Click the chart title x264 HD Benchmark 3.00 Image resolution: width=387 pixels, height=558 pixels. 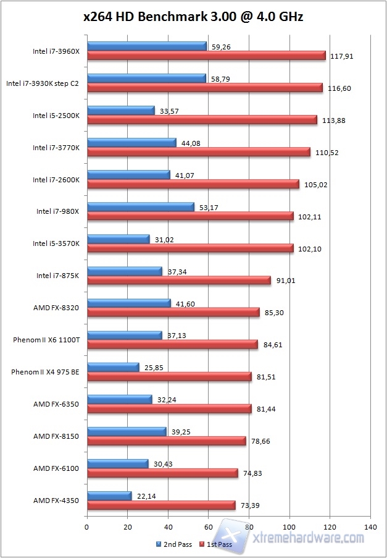click(x=193, y=17)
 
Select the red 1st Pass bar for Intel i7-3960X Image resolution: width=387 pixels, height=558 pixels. click(x=206, y=56)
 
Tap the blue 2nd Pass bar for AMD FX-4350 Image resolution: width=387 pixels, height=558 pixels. click(x=109, y=496)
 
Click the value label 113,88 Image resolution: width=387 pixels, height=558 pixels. click(x=334, y=120)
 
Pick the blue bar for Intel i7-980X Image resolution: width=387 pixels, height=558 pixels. click(x=141, y=206)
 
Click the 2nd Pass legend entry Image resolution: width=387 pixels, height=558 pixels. click(x=176, y=544)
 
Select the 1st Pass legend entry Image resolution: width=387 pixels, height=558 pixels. click(x=217, y=544)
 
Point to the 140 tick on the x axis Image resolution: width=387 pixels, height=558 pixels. click(x=370, y=527)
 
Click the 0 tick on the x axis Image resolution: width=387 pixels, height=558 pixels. click(x=87, y=527)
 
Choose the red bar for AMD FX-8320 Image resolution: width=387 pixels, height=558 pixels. click(x=173, y=313)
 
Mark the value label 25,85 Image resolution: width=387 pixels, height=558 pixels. click(x=152, y=368)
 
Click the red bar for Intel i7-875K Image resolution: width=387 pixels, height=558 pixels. click(x=179, y=281)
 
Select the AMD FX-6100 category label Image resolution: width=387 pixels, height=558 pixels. click(x=56, y=468)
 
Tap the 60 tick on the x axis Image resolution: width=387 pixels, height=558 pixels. click(x=209, y=527)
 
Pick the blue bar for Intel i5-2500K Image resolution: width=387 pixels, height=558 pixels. click(x=121, y=110)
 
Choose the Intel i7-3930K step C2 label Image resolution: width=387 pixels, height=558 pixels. click(x=42, y=83)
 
